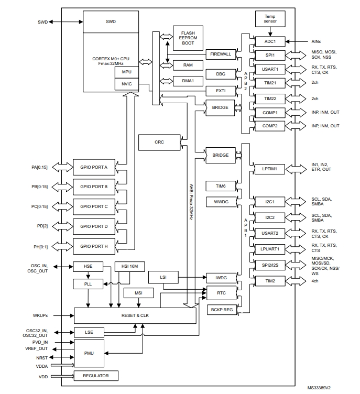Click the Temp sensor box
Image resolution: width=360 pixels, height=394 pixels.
[x=270, y=20]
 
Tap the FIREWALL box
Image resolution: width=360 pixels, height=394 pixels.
[x=221, y=54]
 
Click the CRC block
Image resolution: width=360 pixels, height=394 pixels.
[x=159, y=141]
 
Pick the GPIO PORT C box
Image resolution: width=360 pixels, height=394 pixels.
[x=94, y=206]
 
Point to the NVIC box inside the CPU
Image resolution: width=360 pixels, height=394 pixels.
[x=126, y=84]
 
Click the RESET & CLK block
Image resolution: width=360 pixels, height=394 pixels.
[x=135, y=315]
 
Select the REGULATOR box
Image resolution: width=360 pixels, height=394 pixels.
[x=96, y=376]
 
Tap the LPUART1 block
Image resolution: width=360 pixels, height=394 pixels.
[x=270, y=248]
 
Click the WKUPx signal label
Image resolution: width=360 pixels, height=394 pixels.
[x=40, y=315]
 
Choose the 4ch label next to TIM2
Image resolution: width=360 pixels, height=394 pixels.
[x=315, y=281]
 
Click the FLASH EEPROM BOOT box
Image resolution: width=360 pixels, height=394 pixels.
[x=188, y=38]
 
